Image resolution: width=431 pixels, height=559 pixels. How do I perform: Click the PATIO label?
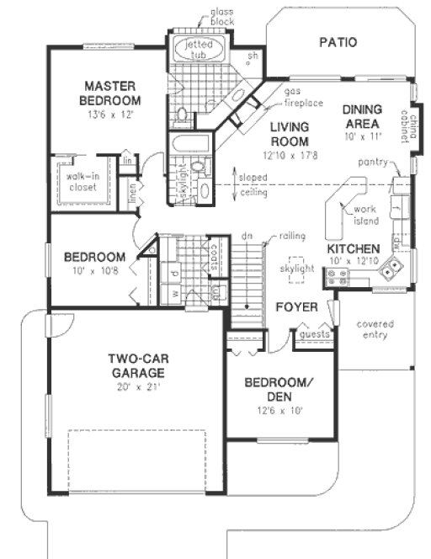point(338,42)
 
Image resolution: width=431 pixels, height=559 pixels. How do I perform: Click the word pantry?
point(371,161)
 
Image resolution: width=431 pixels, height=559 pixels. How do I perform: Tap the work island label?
point(367,215)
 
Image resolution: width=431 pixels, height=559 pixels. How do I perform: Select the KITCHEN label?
point(354,249)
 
